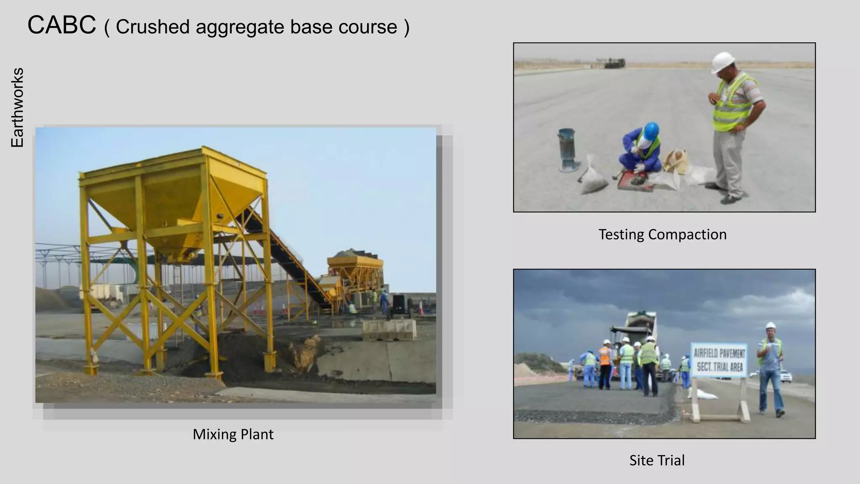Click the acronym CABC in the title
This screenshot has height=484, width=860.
(x=62, y=25)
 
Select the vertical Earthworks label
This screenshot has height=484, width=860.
(x=17, y=108)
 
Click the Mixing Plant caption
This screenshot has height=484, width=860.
(x=233, y=434)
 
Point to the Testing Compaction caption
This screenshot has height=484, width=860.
(x=662, y=234)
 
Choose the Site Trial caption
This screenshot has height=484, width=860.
(x=657, y=460)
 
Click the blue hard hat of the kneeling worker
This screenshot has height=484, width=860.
(x=651, y=131)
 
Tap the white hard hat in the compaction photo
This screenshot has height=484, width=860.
(x=723, y=62)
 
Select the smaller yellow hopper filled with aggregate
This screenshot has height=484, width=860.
(x=355, y=265)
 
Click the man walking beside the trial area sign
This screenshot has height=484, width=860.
(x=771, y=370)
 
